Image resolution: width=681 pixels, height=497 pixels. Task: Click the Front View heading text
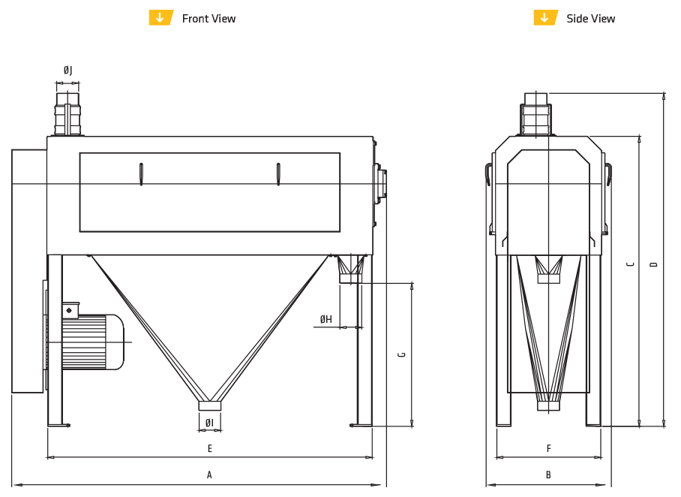pyautogui.click(x=208, y=19)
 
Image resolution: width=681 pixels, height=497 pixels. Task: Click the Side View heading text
pyautogui.click(x=590, y=19)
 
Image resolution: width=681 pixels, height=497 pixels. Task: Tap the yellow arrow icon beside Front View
pyautogui.click(x=160, y=18)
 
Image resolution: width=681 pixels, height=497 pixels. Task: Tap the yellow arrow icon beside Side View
pyautogui.click(x=545, y=18)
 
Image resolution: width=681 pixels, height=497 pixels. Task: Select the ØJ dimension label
pyautogui.click(x=67, y=71)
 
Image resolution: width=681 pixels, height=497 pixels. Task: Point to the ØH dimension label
pyautogui.click(x=325, y=320)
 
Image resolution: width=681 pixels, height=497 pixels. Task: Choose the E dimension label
pyautogui.click(x=210, y=449)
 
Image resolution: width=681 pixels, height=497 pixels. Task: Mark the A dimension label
pyautogui.click(x=210, y=474)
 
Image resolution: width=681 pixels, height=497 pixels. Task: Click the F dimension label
pyautogui.click(x=548, y=449)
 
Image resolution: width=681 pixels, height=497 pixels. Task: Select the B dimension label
pyautogui.click(x=548, y=474)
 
